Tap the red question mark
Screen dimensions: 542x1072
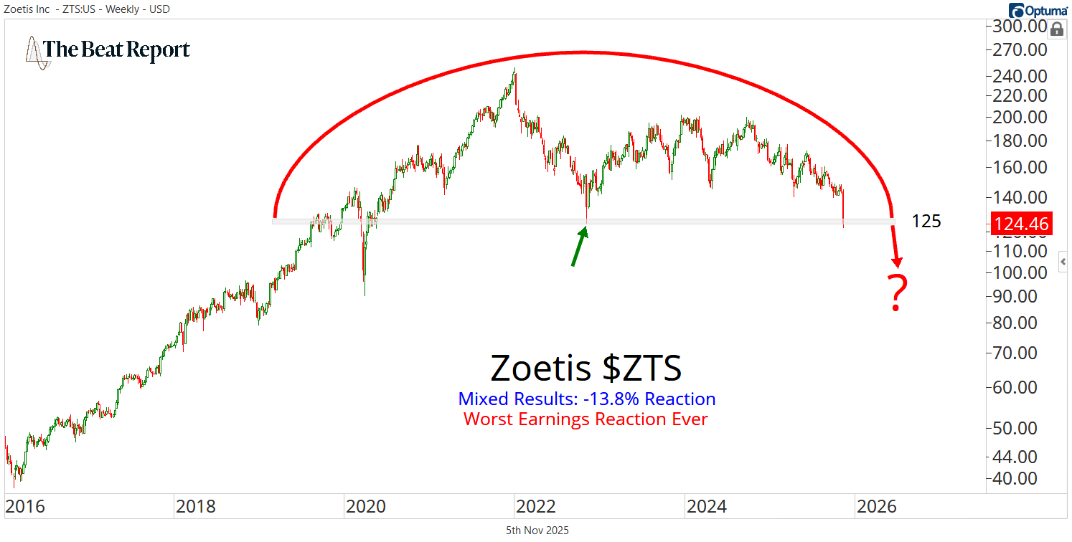coord(897,293)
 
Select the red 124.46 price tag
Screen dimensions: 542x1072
coord(1020,223)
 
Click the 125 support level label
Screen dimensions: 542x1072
coord(926,222)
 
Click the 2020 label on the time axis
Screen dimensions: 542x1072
coord(366,507)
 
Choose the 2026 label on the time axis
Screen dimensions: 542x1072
coord(877,507)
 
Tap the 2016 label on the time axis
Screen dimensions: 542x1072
coord(25,507)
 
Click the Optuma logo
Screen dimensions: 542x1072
coord(1038,10)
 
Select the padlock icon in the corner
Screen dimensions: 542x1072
coord(1057,29)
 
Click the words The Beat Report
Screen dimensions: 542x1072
coord(117,49)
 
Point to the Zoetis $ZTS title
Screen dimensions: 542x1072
coord(586,369)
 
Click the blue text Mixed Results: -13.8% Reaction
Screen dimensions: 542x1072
coord(586,399)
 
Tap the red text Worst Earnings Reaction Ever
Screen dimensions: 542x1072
coord(586,419)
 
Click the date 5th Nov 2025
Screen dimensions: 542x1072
coord(537,531)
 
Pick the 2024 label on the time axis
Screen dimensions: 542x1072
coord(707,507)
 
